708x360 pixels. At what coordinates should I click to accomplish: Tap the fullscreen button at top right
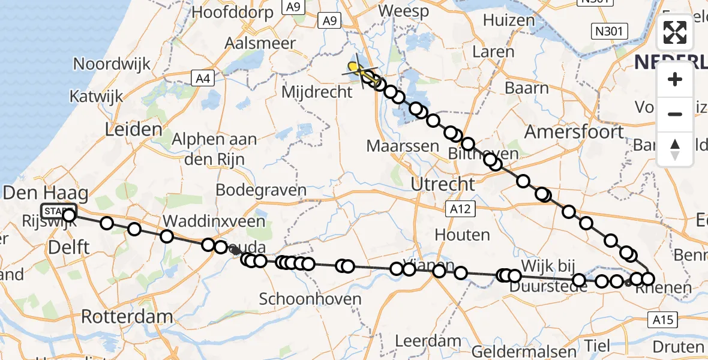coord(675,32)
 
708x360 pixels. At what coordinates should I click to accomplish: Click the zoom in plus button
coord(675,79)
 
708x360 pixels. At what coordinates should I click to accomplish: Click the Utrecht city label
coord(443,184)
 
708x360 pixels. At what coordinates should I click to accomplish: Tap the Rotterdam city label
coord(127,317)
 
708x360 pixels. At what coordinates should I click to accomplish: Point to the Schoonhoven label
coord(310,299)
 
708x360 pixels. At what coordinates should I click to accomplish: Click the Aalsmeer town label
coord(260,43)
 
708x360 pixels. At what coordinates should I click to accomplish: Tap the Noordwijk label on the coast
coord(111,64)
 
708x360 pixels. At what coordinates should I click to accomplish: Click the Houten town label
coord(463,234)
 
